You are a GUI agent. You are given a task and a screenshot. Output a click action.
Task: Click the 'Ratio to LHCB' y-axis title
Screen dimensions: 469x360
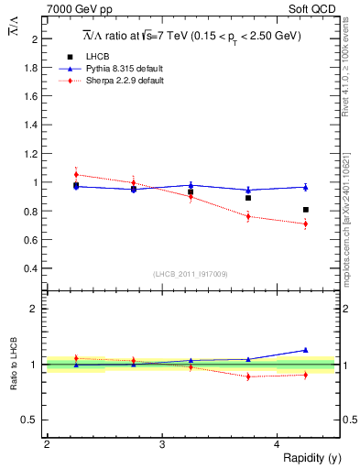coord(13,364)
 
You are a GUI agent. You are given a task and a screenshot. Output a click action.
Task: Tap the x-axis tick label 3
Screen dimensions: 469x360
coord(162,444)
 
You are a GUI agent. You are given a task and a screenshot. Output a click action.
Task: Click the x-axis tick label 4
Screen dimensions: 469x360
coord(278,444)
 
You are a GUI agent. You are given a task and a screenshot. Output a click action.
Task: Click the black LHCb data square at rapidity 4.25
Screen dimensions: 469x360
coord(306,210)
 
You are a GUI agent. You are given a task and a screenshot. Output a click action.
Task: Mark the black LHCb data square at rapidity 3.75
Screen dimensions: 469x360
coord(248,198)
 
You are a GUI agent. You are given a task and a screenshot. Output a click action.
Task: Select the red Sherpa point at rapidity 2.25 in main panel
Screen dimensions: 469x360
coord(76,174)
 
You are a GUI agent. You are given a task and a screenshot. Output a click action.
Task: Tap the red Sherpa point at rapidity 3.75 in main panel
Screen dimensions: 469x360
coord(248,216)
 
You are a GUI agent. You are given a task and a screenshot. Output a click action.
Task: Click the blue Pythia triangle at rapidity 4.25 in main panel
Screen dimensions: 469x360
coord(306,187)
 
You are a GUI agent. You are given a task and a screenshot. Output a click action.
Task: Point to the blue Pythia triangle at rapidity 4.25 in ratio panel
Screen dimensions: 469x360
coord(306,349)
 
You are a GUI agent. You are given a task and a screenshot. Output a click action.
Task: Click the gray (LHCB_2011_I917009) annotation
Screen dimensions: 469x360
coord(190,274)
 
